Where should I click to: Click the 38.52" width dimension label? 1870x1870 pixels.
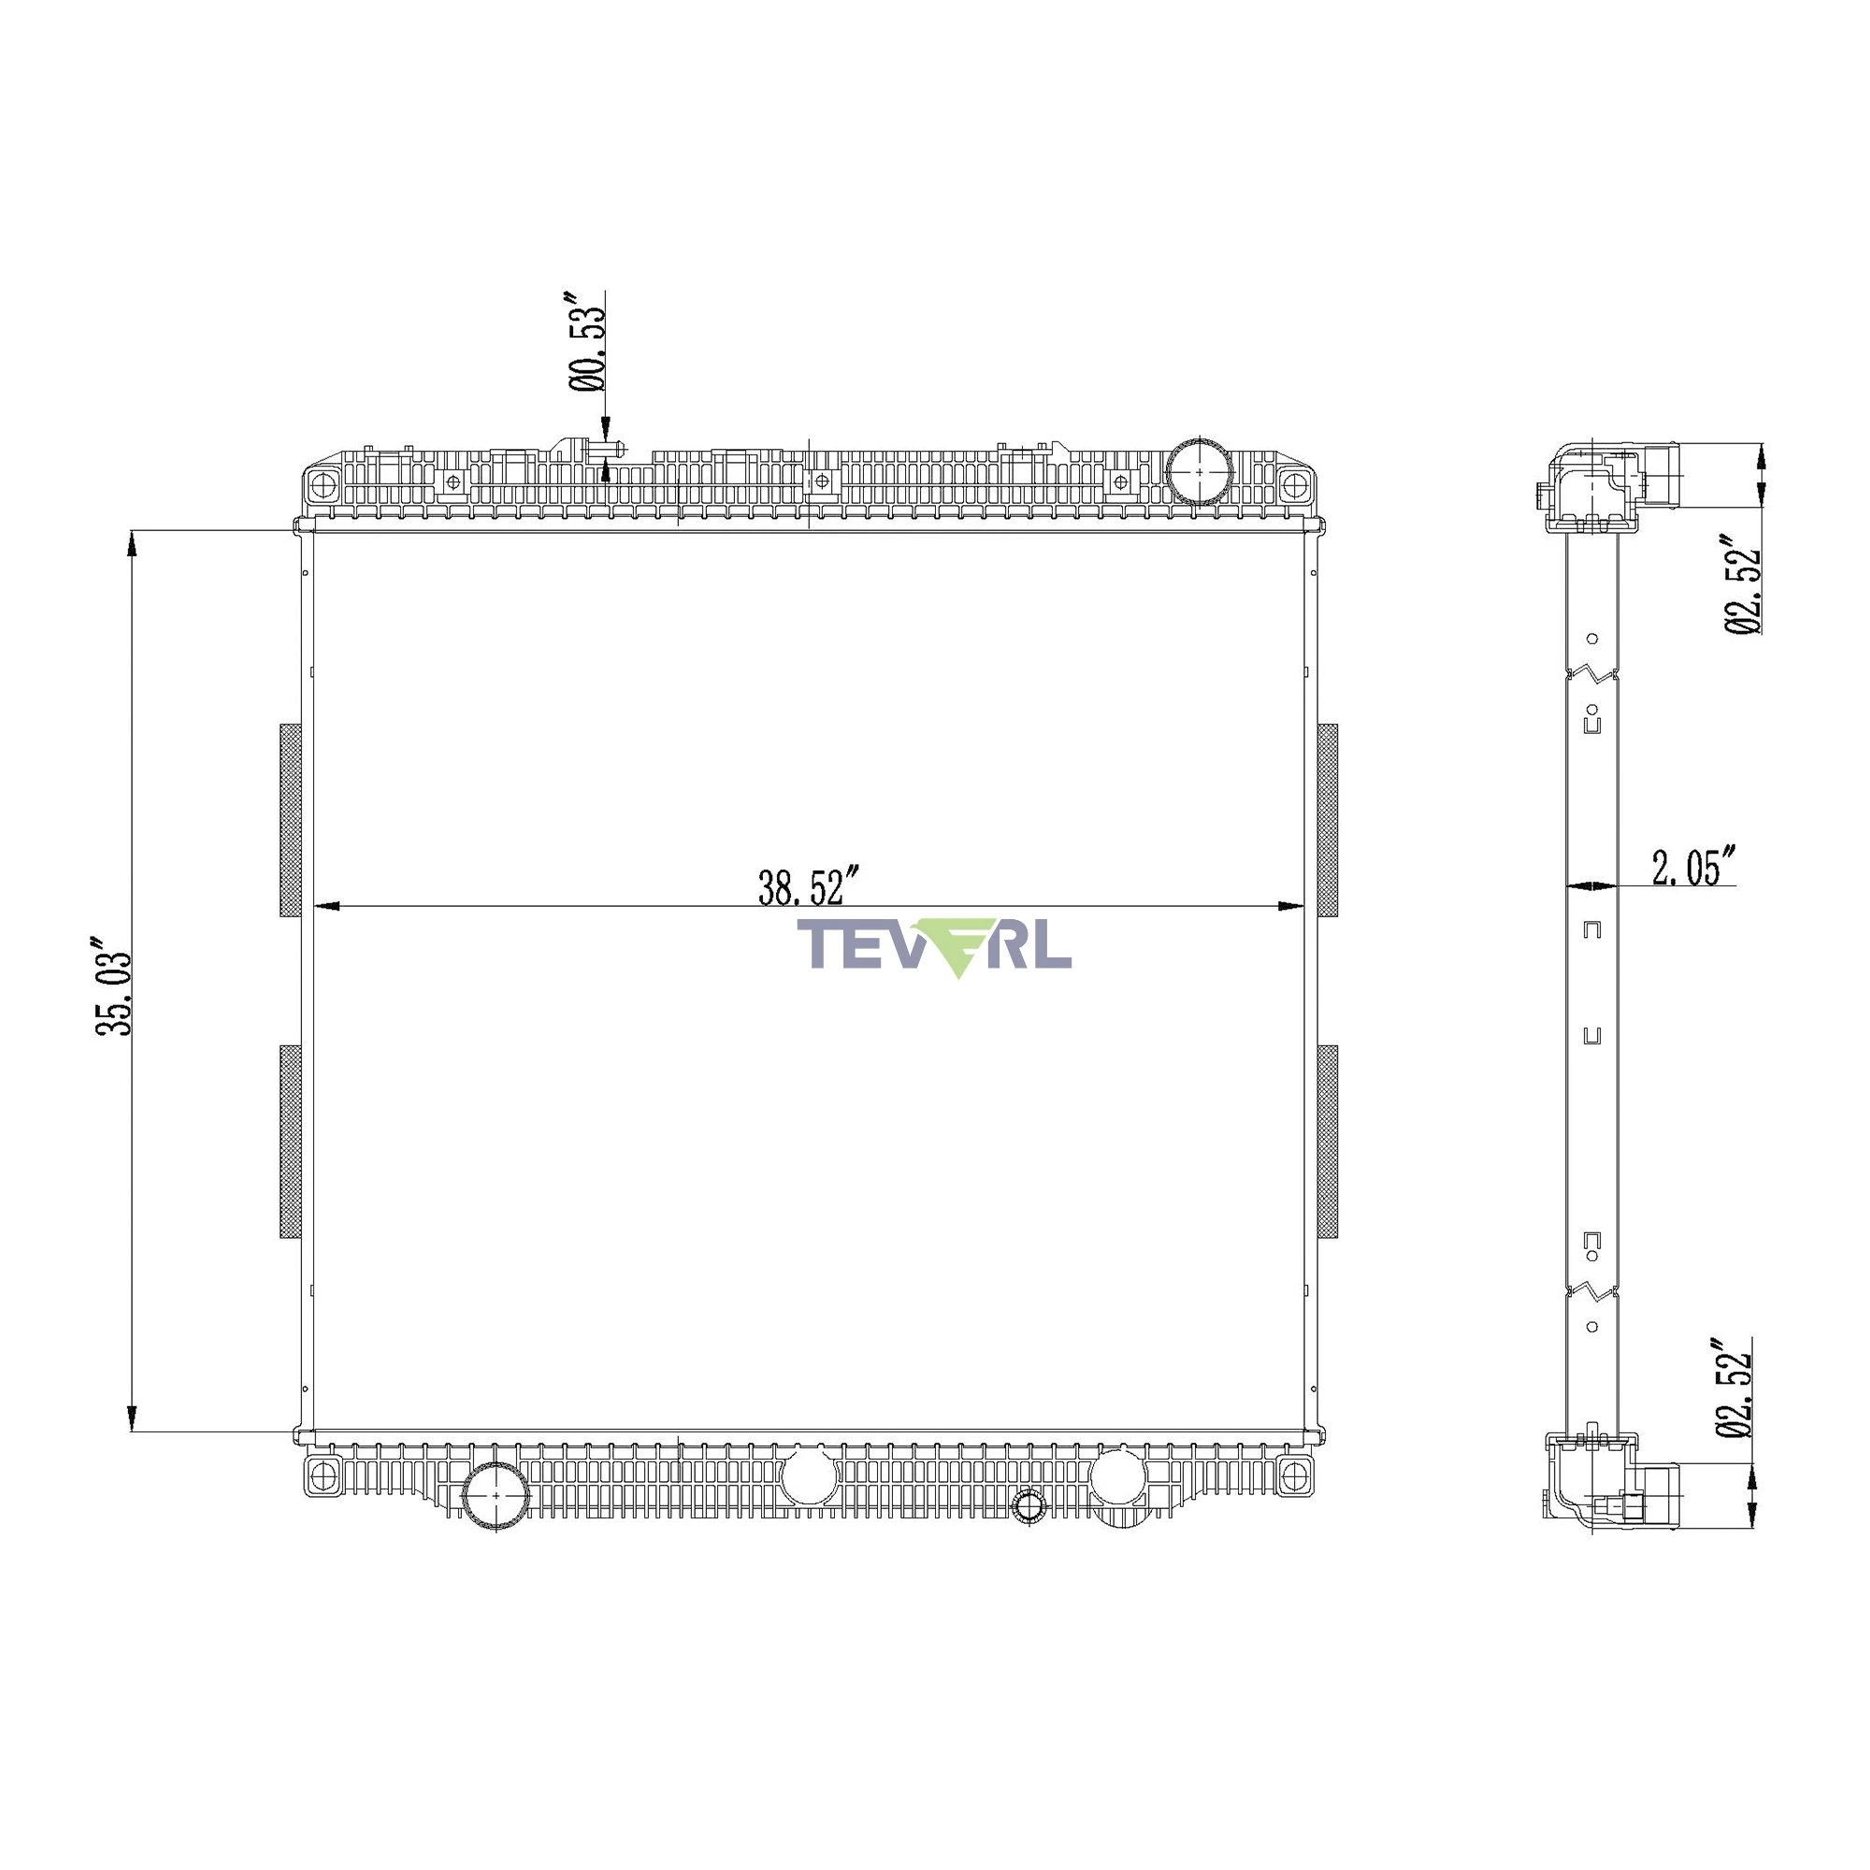coord(808,886)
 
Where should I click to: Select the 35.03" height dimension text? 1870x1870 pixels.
coord(114,985)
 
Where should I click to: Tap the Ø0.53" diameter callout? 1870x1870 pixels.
coord(586,339)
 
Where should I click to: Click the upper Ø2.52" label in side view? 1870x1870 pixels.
coord(1741,583)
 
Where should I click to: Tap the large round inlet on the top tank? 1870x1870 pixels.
coord(1200,471)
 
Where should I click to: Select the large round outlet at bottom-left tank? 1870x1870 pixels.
coord(496,1495)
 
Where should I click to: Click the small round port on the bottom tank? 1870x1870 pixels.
coord(1028,1505)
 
